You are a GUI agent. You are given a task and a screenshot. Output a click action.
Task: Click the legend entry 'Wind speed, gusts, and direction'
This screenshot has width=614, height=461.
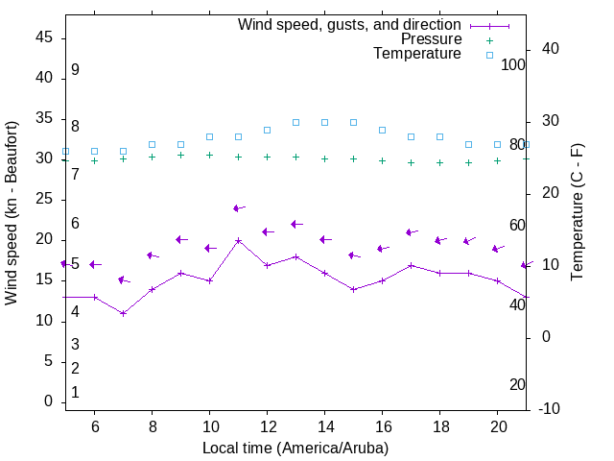tap(349, 24)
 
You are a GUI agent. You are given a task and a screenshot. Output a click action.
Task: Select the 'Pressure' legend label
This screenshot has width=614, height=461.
tap(431, 39)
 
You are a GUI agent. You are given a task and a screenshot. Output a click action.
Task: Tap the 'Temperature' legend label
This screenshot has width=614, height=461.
tap(417, 54)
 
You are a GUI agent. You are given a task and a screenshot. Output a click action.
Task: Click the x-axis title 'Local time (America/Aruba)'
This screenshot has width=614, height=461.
tap(295, 448)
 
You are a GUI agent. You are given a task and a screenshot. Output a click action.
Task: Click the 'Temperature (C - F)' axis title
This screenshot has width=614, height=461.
tap(577, 213)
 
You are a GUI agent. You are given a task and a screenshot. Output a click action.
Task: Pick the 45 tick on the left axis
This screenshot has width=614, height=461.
tap(44, 37)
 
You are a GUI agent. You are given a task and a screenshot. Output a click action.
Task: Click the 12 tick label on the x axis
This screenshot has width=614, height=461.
tap(267, 426)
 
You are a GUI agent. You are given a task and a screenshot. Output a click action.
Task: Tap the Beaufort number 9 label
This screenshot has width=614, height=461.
tap(75, 70)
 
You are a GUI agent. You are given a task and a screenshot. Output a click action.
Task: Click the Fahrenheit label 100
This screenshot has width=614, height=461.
tap(513, 64)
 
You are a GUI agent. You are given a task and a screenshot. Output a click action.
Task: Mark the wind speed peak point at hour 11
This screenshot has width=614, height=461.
tap(238, 240)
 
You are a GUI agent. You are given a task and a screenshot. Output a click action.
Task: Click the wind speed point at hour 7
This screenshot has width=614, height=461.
tap(123, 313)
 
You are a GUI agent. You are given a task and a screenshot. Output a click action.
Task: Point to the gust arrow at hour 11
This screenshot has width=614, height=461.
tap(238, 207)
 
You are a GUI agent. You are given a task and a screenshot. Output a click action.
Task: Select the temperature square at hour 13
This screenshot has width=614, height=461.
tap(295, 122)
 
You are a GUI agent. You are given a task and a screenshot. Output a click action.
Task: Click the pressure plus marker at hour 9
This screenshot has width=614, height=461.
tap(180, 155)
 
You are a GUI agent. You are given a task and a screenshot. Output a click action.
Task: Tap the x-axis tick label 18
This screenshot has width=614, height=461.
tap(439, 426)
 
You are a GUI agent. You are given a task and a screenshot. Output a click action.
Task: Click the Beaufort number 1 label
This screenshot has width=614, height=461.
tap(75, 393)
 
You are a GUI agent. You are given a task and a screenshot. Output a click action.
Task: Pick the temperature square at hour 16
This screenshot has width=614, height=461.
tap(382, 130)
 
